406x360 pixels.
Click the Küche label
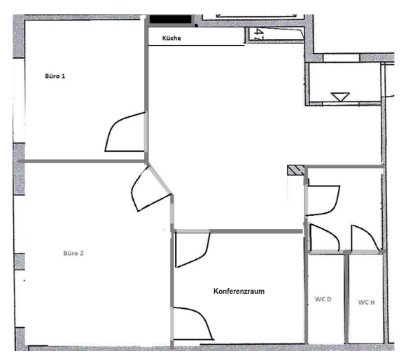pos(171,39)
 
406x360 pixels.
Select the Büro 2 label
pos(73,253)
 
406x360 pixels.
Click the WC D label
pos(322,300)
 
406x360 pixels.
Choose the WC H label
pos(367,302)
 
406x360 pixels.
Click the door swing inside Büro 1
pos(122,133)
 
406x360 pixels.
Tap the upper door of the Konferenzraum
pos(192,249)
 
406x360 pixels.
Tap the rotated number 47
pos(260,35)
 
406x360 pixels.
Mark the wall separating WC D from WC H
pos(347,298)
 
